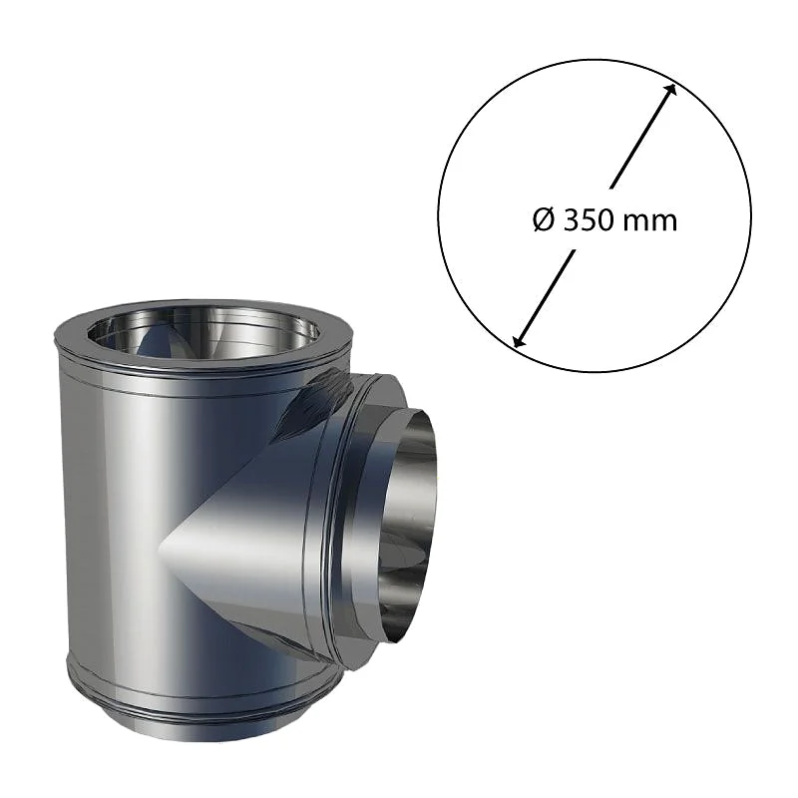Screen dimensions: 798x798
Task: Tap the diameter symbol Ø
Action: point(544,220)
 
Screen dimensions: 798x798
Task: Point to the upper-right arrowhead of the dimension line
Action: point(671,89)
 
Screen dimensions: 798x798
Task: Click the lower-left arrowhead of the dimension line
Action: point(519,341)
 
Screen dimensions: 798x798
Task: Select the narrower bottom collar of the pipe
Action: point(202,725)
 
